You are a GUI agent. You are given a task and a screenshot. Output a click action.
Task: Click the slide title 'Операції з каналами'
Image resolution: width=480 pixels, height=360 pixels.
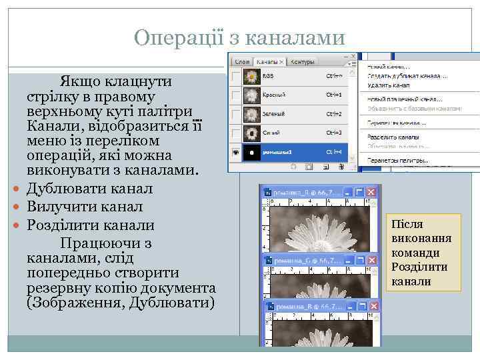click(239, 37)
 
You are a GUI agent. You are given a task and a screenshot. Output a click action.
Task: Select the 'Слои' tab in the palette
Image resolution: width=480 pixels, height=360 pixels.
click(241, 62)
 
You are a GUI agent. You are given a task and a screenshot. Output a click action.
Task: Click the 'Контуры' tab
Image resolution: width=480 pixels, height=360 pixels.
click(302, 62)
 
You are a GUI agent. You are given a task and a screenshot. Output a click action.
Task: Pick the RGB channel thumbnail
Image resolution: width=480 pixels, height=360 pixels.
click(251, 77)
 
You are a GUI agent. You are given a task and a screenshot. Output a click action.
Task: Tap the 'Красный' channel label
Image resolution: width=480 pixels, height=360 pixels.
click(273, 95)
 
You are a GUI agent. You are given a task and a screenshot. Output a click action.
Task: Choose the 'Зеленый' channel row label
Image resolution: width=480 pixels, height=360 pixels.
click(273, 114)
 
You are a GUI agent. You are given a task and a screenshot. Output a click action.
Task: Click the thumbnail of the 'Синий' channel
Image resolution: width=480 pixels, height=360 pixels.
click(251, 133)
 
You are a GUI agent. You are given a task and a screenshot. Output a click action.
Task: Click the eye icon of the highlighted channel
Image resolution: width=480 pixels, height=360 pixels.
click(235, 152)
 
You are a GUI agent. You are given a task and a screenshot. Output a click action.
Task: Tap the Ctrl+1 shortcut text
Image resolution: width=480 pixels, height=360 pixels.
click(333, 95)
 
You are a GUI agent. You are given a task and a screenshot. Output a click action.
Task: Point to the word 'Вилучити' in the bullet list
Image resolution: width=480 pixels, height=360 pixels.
click(56, 207)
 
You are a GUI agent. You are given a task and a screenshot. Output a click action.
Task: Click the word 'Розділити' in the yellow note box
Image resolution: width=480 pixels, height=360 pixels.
click(419, 267)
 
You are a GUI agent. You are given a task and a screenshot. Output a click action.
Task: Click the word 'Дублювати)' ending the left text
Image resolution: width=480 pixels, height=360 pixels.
click(179, 303)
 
